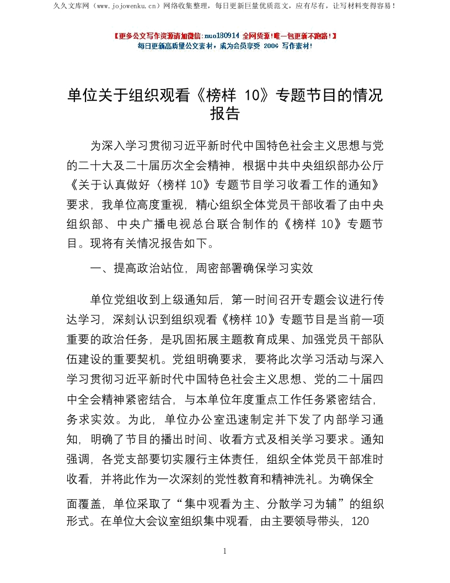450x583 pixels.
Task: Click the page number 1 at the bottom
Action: click(x=224, y=551)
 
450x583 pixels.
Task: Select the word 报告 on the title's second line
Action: click(x=225, y=114)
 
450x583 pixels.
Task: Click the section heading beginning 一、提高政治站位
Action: click(x=202, y=268)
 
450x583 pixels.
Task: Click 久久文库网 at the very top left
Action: click(x=70, y=6)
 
